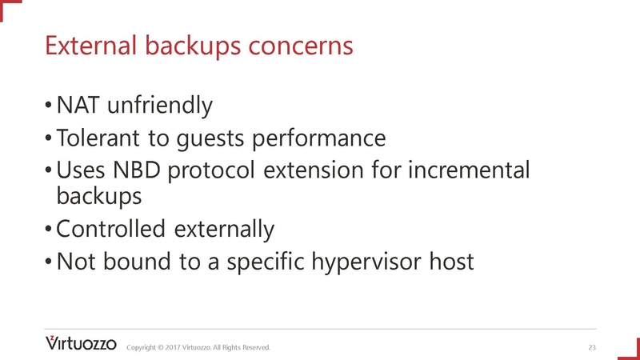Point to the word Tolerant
pos(93,138)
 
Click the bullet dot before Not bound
pos(50,262)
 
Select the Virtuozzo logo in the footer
pos(81,344)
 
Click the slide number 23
pos(592,347)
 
